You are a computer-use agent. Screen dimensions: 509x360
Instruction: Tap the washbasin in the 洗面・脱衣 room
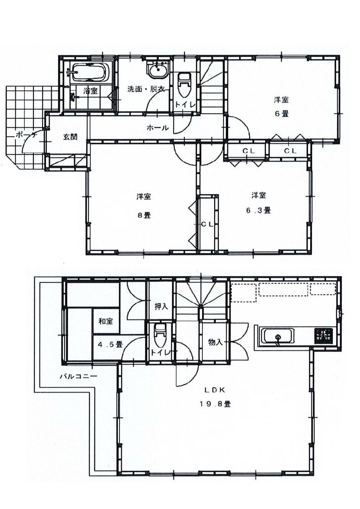(x=158, y=70)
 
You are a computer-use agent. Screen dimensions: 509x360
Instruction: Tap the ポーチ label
(x=26, y=135)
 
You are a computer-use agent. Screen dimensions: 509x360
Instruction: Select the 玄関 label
(x=70, y=137)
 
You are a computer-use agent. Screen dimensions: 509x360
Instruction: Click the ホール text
(x=157, y=127)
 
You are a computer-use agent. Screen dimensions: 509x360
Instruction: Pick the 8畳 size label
(x=144, y=215)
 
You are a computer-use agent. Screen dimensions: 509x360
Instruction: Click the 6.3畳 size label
(x=258, y=210)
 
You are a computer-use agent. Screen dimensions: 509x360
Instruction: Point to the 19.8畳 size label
(x=215, y=404)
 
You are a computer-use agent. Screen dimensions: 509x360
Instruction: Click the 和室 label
(x=105, y=321)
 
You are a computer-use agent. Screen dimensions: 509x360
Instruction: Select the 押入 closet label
(x=161, y=306)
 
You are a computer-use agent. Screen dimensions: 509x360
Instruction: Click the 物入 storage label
(x=215, y=342)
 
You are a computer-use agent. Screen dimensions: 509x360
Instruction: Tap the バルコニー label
(x=78, y=377)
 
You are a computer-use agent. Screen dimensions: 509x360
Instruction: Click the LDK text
(x=215, y=389)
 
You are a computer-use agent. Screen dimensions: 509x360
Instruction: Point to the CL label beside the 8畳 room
(x=207, y=224)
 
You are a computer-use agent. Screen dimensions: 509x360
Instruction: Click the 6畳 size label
(x=282, y=114)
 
